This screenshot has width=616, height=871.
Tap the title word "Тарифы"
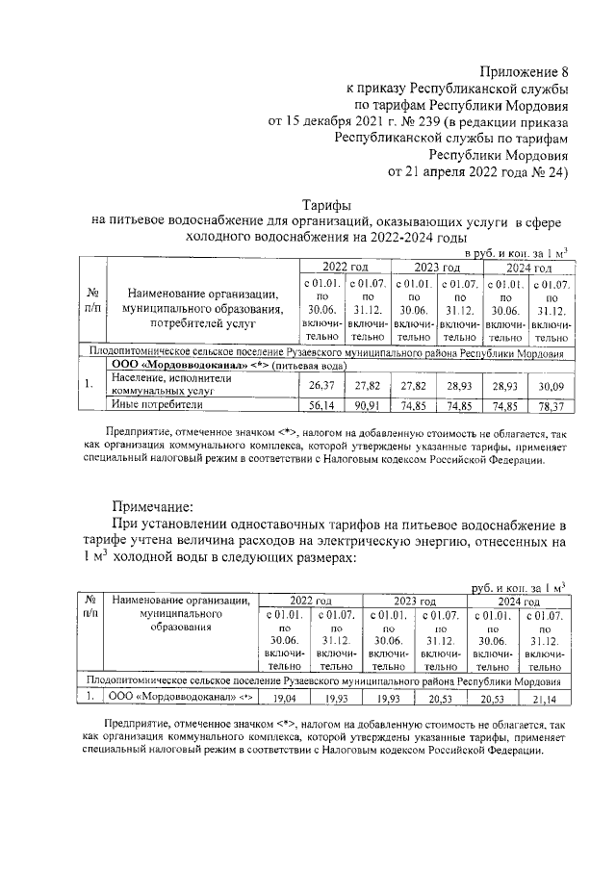tap(326, 204)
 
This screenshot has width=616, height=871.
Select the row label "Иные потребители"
tap(154, 405)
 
